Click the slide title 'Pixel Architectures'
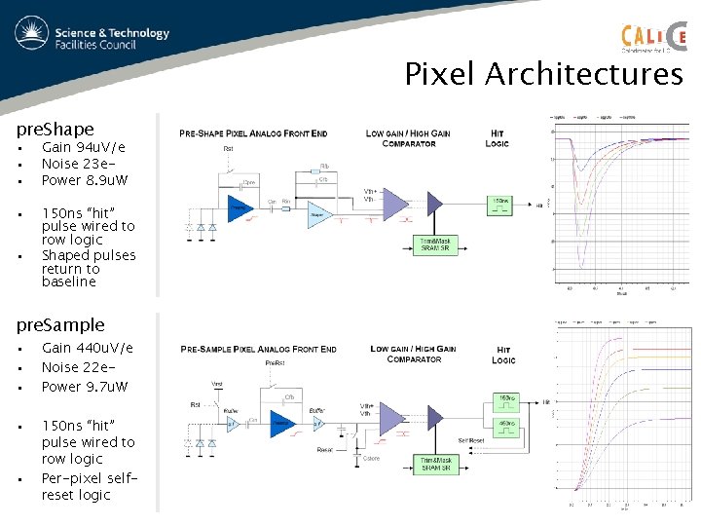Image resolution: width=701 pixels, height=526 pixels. point(543,74)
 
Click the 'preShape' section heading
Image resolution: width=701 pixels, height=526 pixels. point(55,129)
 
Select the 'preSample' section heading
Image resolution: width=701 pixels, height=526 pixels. point(60,324)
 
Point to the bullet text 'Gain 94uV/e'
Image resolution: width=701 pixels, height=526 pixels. point(84,147)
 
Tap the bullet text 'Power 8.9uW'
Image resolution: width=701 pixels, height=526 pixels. point(85,180)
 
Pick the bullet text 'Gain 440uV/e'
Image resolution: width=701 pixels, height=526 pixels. point(88,348)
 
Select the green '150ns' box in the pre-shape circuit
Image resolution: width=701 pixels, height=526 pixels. point(499,205)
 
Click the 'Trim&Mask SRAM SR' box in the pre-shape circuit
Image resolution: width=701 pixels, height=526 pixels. point(434,245)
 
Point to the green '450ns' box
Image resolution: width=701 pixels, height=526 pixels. point(506,423)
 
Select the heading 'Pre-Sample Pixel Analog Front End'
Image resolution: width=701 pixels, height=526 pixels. point(259,349)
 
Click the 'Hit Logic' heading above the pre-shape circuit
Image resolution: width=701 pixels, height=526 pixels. point(498,138)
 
